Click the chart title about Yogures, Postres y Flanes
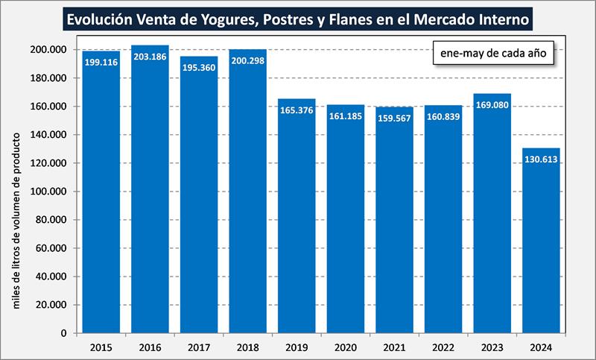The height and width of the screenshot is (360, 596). click(298, 18)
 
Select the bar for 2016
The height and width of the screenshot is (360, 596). click(150, 194)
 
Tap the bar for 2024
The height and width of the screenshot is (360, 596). click(541, 242)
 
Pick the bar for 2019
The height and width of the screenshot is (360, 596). click(297, 220)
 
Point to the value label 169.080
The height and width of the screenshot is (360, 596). click(492, 107)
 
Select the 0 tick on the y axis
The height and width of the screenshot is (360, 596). click(65, 333)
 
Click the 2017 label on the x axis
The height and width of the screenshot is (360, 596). click(199, 347)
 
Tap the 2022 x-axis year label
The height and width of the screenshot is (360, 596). click(443, 347)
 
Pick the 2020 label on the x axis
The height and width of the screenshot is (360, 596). click(346, 347)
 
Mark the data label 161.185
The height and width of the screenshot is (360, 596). click(345, 118)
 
